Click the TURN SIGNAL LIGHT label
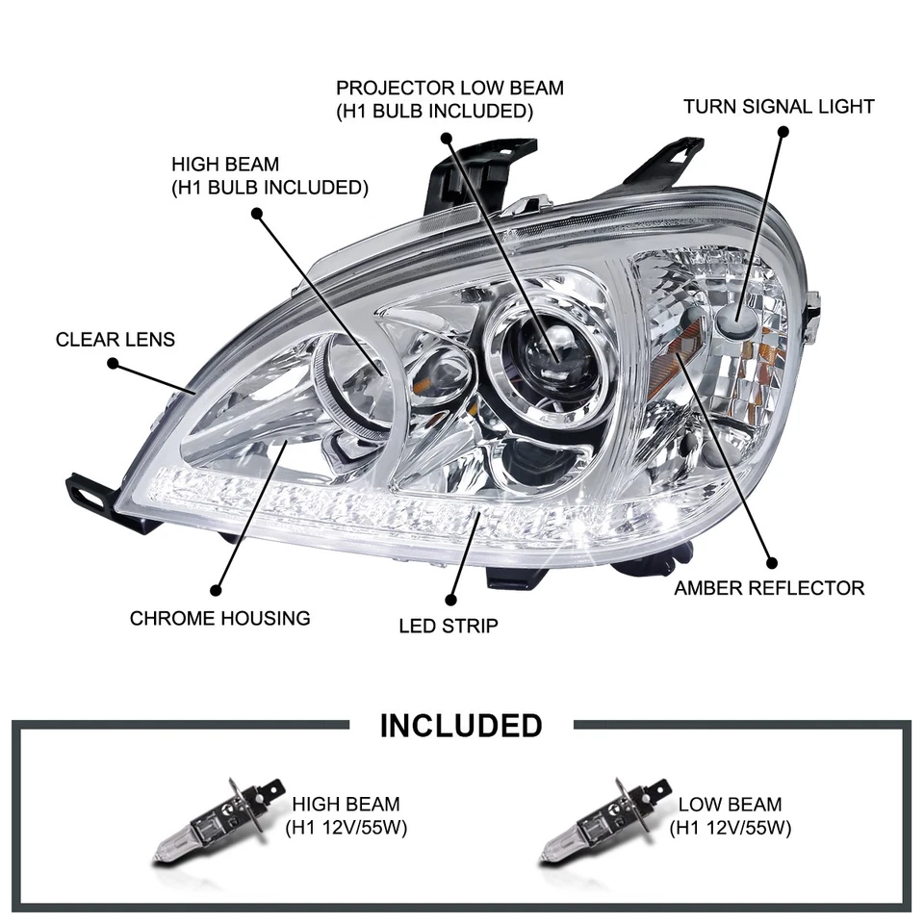tap(779, 106)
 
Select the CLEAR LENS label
tap(115, 339)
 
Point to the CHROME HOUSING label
tap(220, 618)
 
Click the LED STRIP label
tap(449, 627)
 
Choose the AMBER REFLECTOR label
tap(769, 587)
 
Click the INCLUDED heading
tap(461, 725)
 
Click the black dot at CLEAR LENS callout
tap(113, 364)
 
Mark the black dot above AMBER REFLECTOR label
tap(769, 561)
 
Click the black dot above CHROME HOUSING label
tap(217, 590)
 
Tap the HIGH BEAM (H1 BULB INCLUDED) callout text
tap(269, 176)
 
